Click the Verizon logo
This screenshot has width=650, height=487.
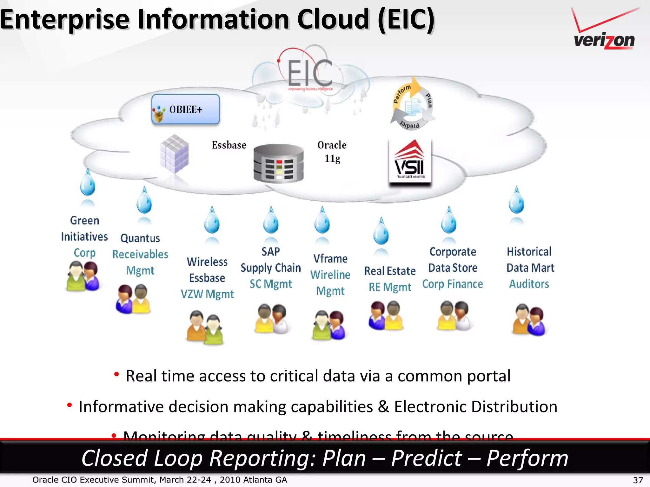point(605,30)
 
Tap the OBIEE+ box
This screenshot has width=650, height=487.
point(186,109)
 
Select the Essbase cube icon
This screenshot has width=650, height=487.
point(175,154)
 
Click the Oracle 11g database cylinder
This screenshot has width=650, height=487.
point(278,163)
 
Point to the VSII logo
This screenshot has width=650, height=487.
point(410,162)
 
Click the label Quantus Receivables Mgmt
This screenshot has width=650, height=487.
point(140,254)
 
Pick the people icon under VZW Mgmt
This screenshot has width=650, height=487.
point(205,327)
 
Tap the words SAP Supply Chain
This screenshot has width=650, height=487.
point(270,260)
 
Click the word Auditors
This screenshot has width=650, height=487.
point(529,284)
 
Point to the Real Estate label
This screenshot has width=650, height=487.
point(390,271)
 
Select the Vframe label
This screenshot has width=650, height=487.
point(330,259)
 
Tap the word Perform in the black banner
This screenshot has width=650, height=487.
point(527,458)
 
